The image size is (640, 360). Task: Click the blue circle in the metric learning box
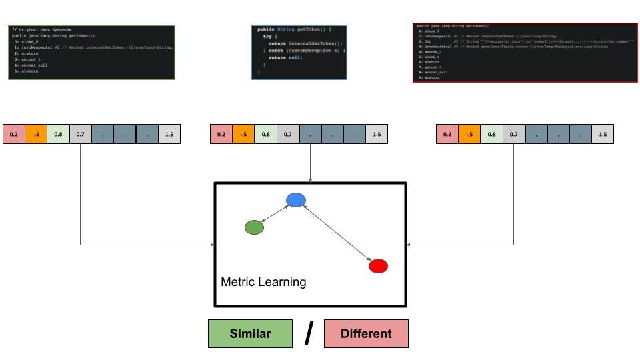(x=295, y=199)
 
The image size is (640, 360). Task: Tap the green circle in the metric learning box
(x=254, y=227)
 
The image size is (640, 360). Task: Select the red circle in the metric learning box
(x=378, y=266)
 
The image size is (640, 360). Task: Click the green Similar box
(x=250, y=333)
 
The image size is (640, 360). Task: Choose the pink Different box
(x=366, y=333)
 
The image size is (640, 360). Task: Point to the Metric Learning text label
(x=263, y=282)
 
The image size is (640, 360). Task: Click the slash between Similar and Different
(x=308, y=333)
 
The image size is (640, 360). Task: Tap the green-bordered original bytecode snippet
(x=92, y=52)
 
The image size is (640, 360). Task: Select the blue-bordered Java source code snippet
(x=299, y=52)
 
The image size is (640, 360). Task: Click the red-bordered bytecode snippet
(x=524, y=53)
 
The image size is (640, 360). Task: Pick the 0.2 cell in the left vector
(x=14, y=135)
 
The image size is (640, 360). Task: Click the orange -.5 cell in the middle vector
(x=243, y=135)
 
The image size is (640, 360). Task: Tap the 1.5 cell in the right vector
(x=603, y=135)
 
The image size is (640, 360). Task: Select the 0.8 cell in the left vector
(x=58, y=135)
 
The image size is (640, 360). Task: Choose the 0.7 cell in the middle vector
(x=288, y=135)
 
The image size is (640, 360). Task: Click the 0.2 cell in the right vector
(x=447, y=135)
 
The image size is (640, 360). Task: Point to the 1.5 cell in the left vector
(x=169, y=135)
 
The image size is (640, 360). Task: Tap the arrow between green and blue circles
(x=275, y=213)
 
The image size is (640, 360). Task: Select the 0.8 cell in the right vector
(x=492, y=135)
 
